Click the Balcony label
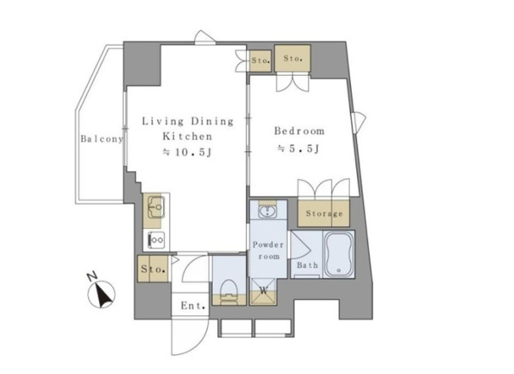tap(102, 139)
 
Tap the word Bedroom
tap(299, 131)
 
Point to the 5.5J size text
tap(298, 149)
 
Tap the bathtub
tap(339, 254)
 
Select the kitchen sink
tap(155, 206)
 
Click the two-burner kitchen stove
tap(156, 240)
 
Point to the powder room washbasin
tap(268, 210)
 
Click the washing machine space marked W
tap(263, 291)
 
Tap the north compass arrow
tap(103, 295)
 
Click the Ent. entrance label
tap(193, 306)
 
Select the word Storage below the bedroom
tap(324, 213)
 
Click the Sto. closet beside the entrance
tap(153, 269)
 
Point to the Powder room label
tap(268, 250)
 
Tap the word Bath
tap(307, 264)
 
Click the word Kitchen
tap(187, 136)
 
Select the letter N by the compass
tap(91, 276)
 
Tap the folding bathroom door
tap(300, 245)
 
